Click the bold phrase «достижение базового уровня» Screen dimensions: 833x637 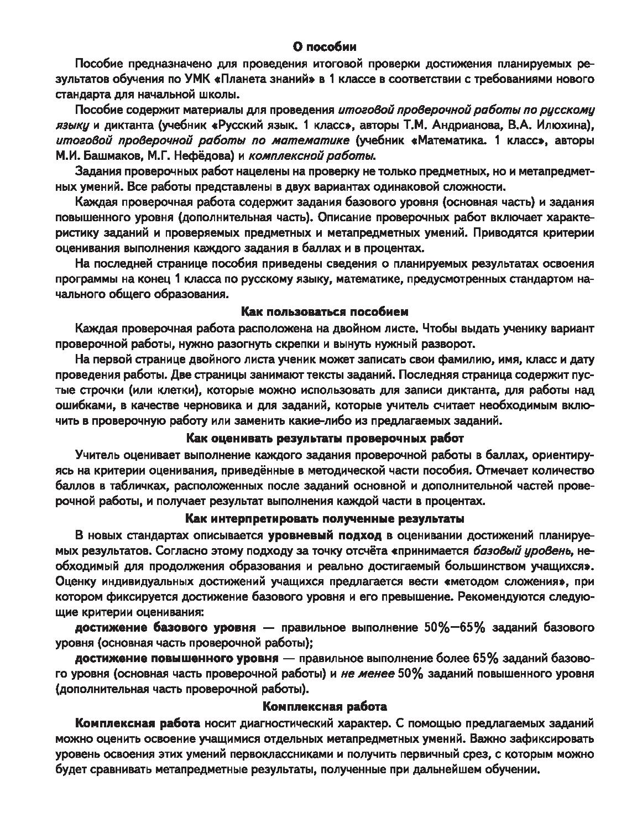[165, 628]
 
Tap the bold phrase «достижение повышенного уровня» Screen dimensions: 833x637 [176, 659]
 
